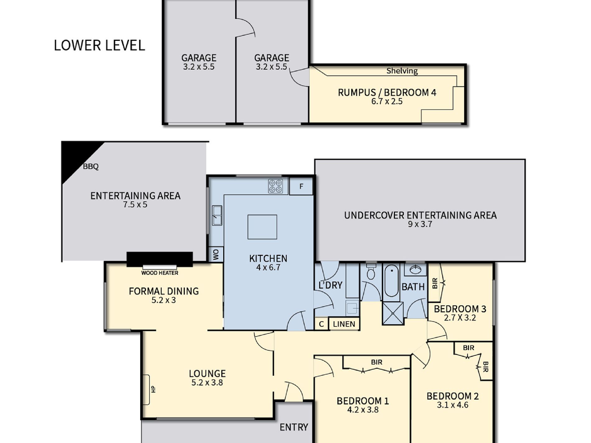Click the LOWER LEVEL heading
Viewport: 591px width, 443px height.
point(99,45)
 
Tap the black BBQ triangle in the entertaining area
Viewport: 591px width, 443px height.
point(76,157)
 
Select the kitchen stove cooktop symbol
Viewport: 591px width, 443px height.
point(275,186)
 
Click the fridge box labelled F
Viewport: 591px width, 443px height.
point(301,186)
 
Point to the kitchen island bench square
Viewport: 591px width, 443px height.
point(262,227)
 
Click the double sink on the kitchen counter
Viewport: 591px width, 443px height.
point(217,215)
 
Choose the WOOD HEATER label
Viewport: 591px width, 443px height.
point(160,273)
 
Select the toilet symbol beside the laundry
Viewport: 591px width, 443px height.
point(371,271)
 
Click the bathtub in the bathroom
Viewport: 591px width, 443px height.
point(391,282)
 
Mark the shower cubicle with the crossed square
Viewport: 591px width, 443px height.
point(393,313)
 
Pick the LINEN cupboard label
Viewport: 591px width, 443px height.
point(344,324)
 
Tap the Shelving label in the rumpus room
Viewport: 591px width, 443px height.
point(402,71)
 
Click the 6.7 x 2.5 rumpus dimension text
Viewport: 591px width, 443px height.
point(387,101)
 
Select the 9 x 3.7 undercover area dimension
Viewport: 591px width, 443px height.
point(420,224)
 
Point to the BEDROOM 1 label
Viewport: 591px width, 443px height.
point(363,401)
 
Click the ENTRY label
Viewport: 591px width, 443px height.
point(294,427)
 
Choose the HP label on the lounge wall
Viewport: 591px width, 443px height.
point(153,389)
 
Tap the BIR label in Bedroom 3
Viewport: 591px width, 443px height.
point(435,283)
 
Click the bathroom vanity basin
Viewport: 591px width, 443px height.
point(415,269)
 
